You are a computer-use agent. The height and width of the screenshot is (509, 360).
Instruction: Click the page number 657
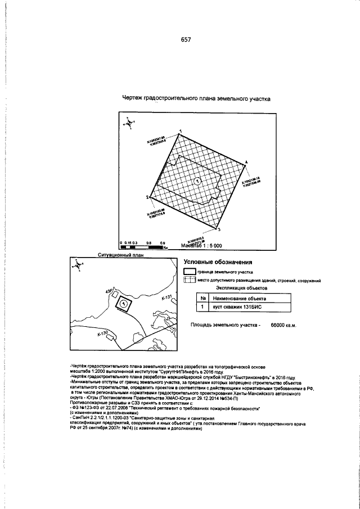click(186, 40)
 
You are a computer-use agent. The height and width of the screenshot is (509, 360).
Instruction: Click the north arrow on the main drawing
click(129, 121)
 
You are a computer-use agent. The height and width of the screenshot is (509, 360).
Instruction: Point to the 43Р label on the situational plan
click(109, 292)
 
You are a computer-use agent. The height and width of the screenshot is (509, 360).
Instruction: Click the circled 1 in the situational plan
click(123, 303)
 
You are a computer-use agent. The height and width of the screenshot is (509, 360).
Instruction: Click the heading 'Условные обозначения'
click(218, 262)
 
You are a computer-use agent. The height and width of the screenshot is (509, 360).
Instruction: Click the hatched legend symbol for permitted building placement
click(190, 280)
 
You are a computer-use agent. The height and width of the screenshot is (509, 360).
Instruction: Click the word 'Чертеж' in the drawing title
click(133, 98)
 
